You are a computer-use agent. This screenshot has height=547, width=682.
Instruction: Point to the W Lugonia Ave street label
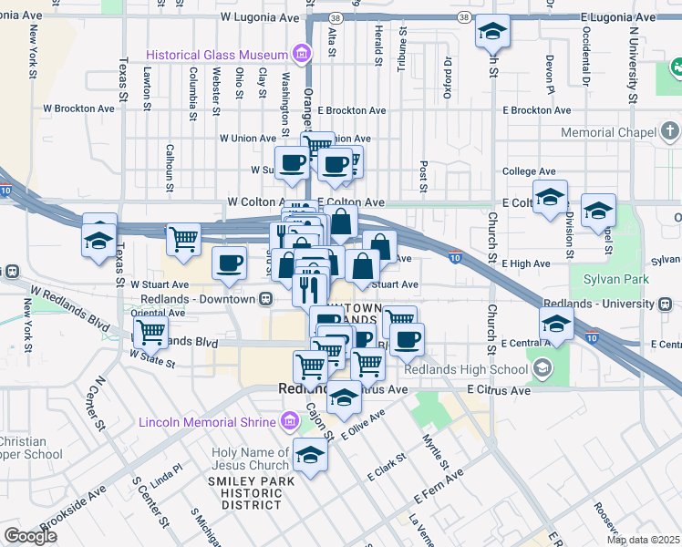pyautogui.click(x=260, y=17)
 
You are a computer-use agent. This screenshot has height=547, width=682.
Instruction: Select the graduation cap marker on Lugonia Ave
pyautogui.click(x=492, y=34)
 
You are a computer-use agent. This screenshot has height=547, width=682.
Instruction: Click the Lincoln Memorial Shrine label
pyautogui.click(x=207, y=422)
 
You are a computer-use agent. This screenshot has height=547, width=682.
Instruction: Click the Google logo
pyautogui.click(x=30, y=536)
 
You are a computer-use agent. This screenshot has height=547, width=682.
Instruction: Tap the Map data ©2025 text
pyautogui.click(x=643, y=540)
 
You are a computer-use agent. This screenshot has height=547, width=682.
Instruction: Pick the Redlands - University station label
pyautogui.click(x=600, y=303)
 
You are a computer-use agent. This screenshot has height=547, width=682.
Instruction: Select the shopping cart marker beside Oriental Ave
pyautogui.click(x=150, y=333)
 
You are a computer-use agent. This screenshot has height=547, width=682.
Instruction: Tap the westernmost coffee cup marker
pyautogui.click(x=229, y=263)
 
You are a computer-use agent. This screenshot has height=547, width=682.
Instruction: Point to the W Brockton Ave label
pyautogui.click(x=79, y=108)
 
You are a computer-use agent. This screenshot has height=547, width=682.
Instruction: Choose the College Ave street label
pyautogui.click(x=529, y=171)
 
